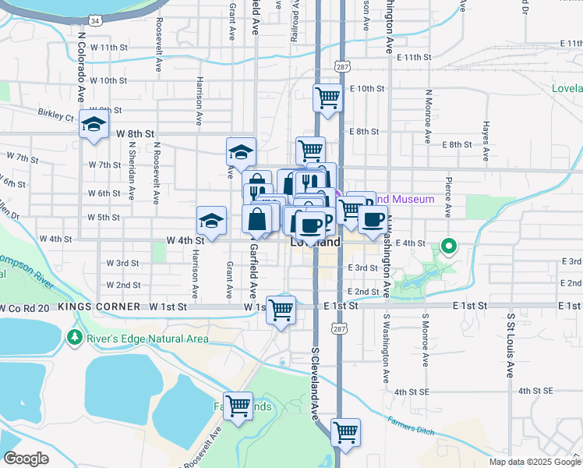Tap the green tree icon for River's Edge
click(75, 338)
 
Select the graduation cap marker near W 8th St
click(94, 126)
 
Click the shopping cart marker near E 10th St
click(328, 98)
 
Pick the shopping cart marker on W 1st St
click(281, 309)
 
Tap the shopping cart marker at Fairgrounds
click(238, 406)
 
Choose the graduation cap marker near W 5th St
click(211, 221)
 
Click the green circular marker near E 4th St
click(448, 247)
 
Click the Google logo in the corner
click(26, 459)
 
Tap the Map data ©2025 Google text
click(535, 462)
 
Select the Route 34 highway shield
click(94, 19)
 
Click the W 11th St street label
click(108, 48)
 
